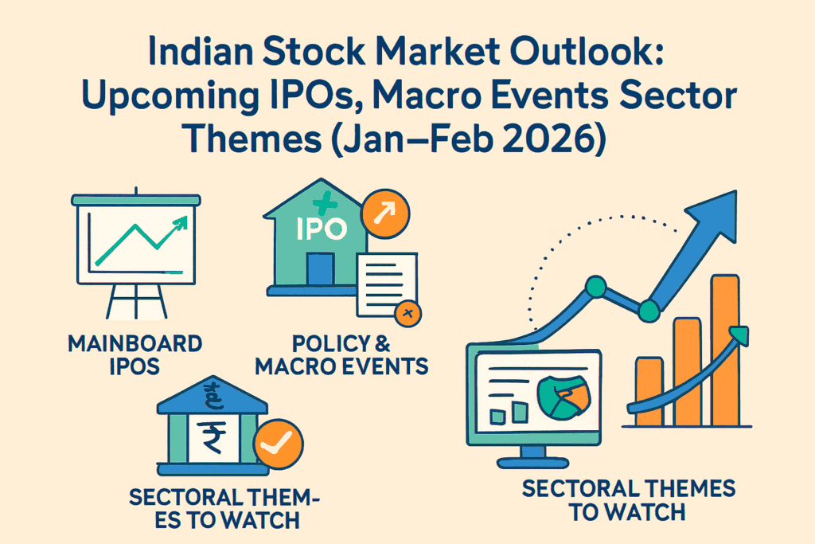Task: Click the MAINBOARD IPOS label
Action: point(135,354)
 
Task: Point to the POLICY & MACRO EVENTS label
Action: point(360,354)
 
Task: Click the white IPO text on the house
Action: point(322,229)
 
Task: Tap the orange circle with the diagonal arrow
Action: point(385,213)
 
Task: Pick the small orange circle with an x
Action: point(408,312)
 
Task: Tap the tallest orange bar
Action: point(724,350)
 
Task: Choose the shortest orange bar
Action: point(649,390)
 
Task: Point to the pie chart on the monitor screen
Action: point(563,395)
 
